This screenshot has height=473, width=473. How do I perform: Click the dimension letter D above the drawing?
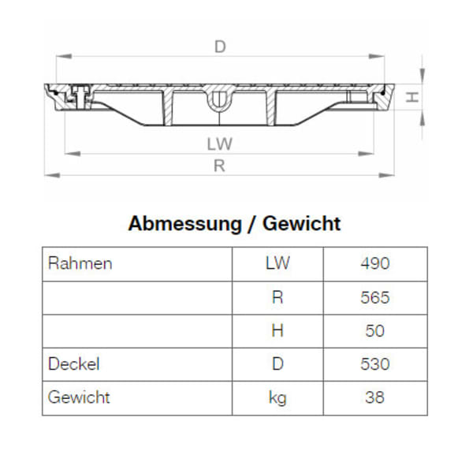point(220,47)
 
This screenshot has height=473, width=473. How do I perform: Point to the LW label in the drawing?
point(220,144)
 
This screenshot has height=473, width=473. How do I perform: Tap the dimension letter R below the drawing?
point(220,166)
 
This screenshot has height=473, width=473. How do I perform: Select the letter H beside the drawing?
point(411,97)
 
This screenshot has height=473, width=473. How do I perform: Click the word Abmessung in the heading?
point(184,224)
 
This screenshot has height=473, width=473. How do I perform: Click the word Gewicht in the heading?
point(302,224)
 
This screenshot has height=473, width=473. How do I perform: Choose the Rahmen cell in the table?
point(80,263)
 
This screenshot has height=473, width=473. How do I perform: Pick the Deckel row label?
point(74,364)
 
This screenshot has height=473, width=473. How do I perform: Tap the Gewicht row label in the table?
point(80,397)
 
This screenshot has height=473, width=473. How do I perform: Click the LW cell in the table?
point(277,263)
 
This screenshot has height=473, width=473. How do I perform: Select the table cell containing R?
point(277,297)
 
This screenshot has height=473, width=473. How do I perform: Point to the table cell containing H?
point(277,331)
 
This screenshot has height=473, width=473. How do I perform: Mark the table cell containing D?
point(277,364)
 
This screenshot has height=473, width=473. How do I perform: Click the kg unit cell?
point(277,397)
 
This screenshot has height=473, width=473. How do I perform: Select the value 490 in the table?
point(375,263)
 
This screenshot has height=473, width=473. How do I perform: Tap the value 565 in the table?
point(375,297)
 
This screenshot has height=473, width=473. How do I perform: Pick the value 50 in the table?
point(375,331)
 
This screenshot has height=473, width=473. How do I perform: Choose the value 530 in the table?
point(375,364)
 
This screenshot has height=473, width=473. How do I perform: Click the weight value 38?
point(375,397)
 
